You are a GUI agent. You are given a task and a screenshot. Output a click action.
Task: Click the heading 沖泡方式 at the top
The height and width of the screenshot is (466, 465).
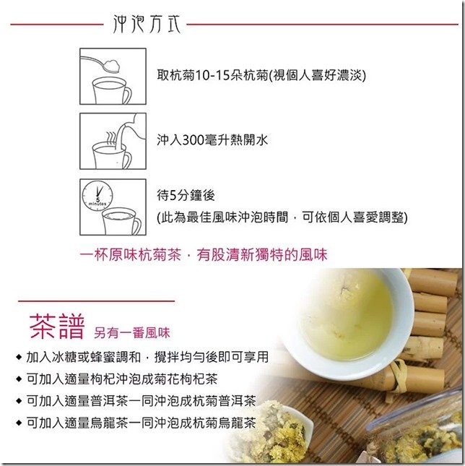(147, 24)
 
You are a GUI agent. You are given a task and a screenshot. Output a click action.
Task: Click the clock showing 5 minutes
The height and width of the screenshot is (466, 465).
(97, 196)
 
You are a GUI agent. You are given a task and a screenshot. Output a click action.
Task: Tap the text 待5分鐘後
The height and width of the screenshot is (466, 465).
(186, 195)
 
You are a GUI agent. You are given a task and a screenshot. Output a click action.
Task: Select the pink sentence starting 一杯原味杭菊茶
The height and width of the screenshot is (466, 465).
(204, 255)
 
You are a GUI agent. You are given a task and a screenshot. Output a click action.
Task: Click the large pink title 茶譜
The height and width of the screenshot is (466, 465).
(57, 327)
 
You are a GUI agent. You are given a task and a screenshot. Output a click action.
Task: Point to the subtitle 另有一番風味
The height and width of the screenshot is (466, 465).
(132, 332)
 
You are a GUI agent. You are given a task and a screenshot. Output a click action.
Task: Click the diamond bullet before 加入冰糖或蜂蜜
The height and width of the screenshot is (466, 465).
(19, 357)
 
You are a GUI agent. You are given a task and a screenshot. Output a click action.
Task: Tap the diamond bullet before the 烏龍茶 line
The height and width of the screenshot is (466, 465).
(19, 423)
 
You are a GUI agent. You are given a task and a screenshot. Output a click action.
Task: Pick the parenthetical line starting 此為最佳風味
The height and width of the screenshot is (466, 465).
(282, 217)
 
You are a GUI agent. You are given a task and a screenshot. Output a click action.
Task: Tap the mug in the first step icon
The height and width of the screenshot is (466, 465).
(111, 90)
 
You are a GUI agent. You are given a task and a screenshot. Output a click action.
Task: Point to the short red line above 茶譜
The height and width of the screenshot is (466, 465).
(96, 301)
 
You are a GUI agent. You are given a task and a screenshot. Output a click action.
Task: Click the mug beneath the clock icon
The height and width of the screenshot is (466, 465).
(121, 221)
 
